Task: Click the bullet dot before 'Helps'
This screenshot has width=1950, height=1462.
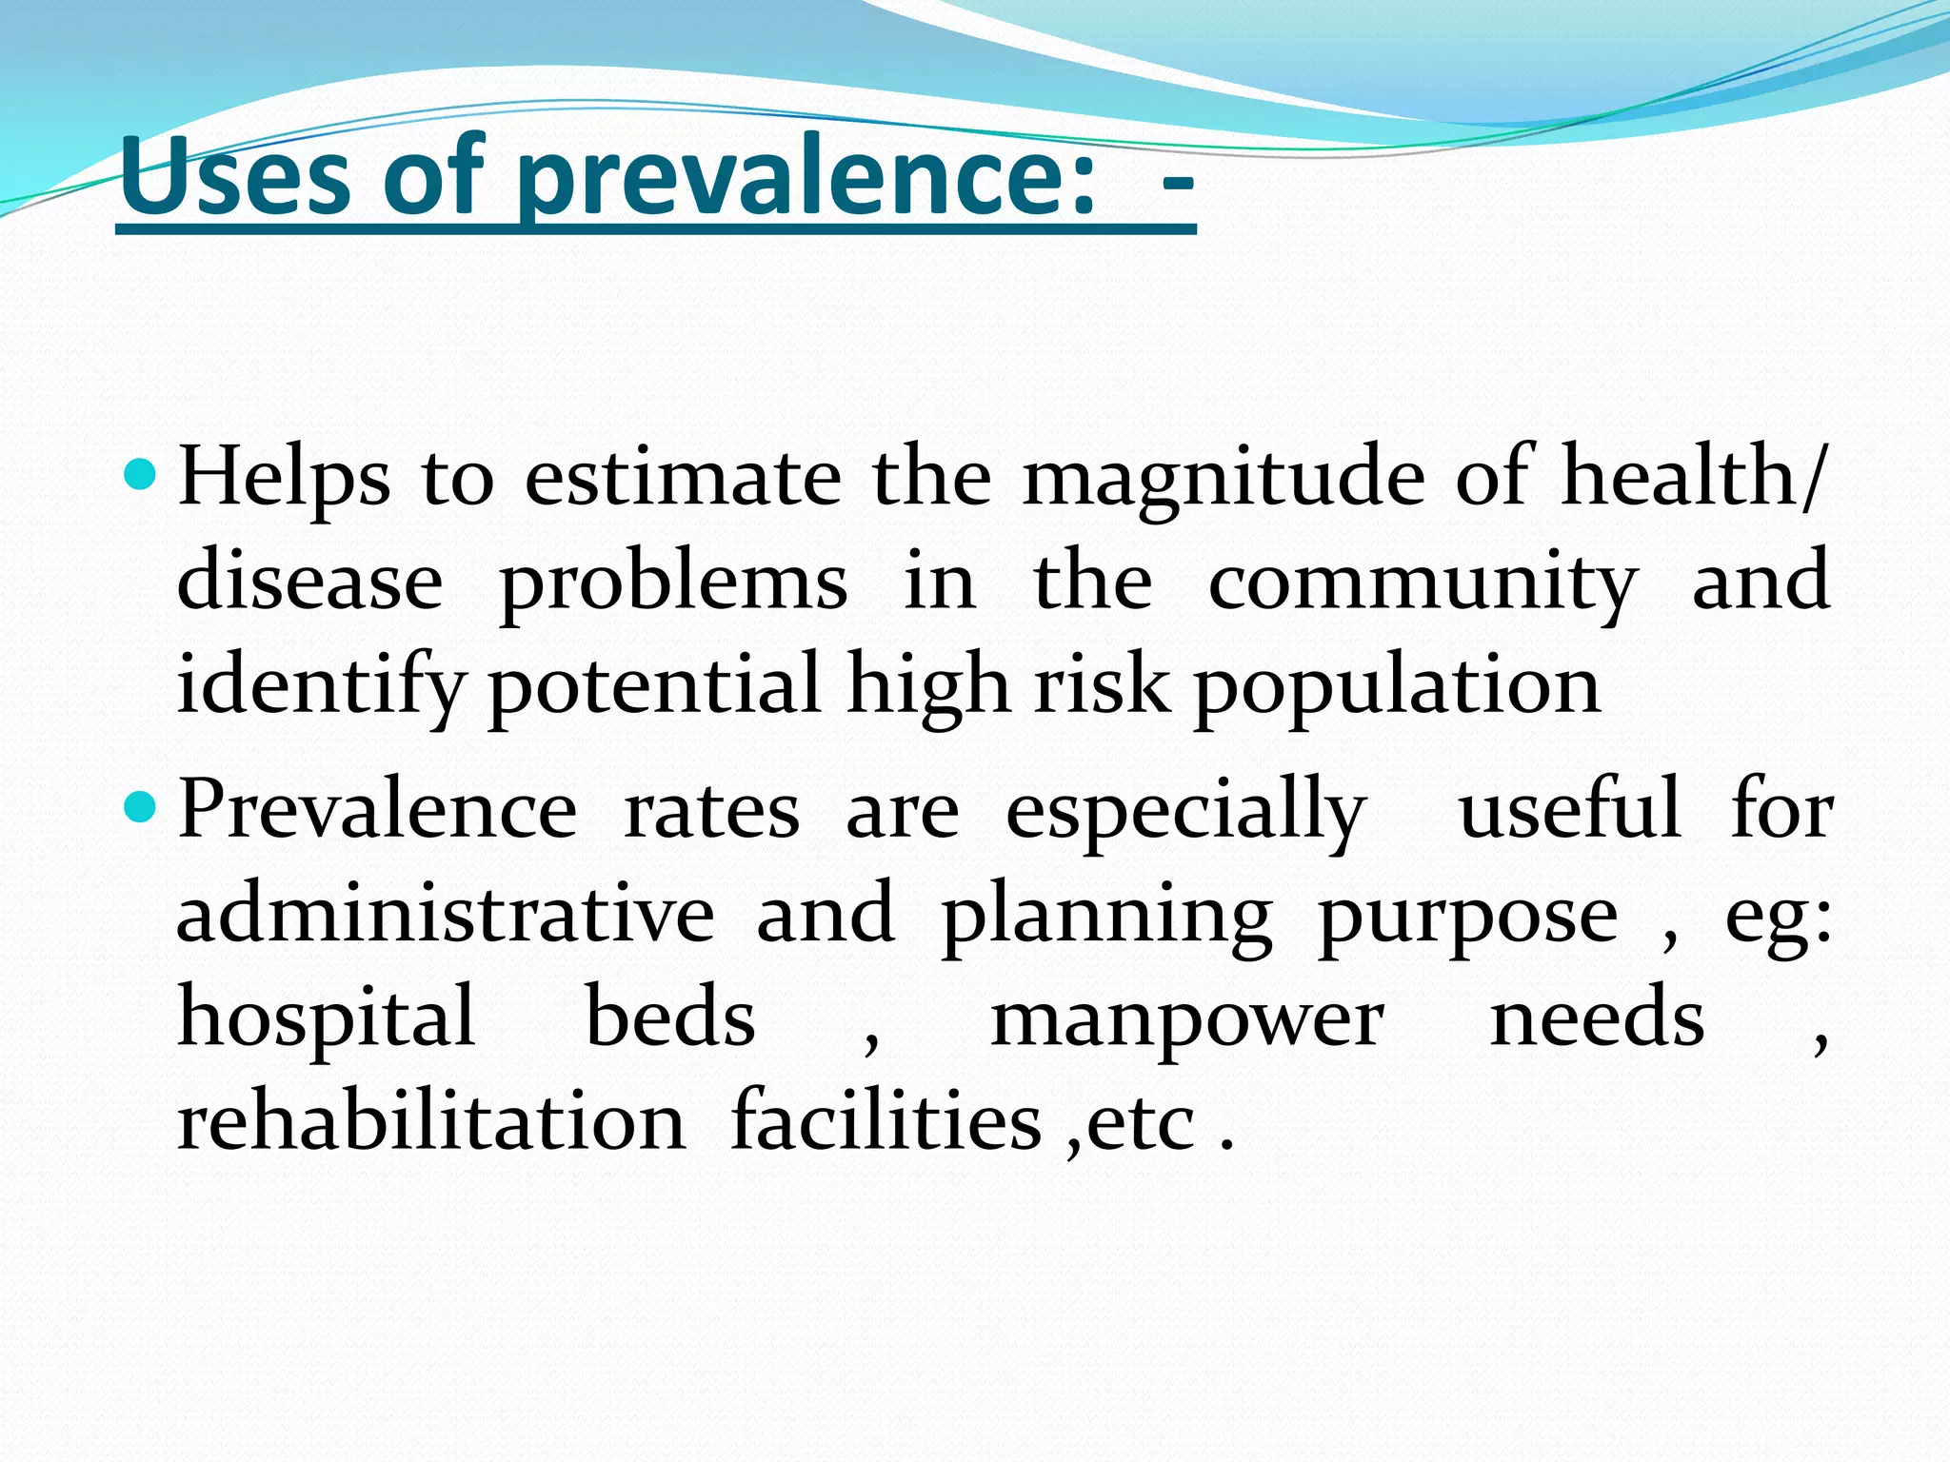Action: pyautogui.click(x=140, y=473)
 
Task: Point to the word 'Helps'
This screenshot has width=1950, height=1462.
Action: pyautogui.click(x=284, y=479)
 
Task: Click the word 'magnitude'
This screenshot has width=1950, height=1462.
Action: pyautogui.click(x=1223, y=479)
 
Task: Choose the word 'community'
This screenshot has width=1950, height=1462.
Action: pyautogui.click(x=1423, y=583)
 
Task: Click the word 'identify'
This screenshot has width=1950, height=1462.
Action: pyautogui.click(x=321, y=685)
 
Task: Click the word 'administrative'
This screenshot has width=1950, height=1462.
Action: pyautogui.click(x=446, y=914)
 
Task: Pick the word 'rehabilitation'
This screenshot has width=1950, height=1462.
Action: pyautogui.click(x=431, y=1120)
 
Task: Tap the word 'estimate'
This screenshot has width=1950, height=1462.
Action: pyautogui.click(x=683, y=477)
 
